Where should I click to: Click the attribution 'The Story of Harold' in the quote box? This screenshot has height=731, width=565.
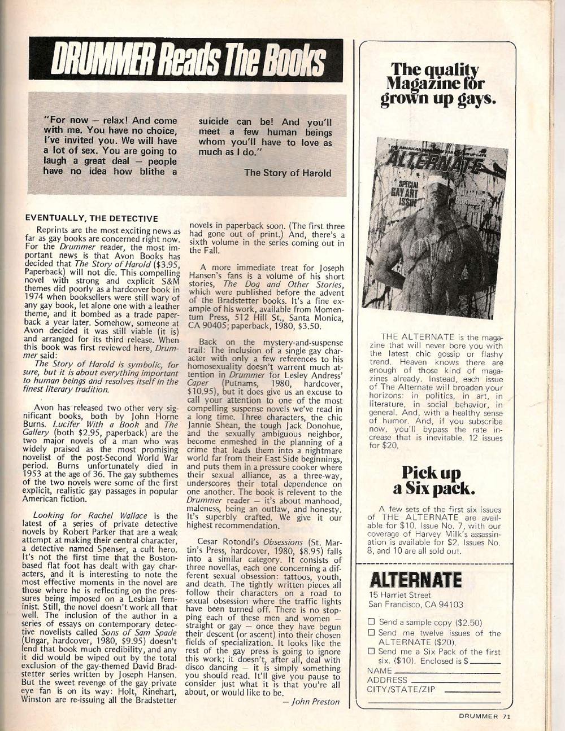pyautogui.click(x=287, y=173)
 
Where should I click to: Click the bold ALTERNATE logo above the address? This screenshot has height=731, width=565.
pyautogui.click(x=414, y=580)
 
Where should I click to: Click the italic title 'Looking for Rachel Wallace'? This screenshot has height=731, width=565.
pyautogui.click(x=106, y=515)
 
